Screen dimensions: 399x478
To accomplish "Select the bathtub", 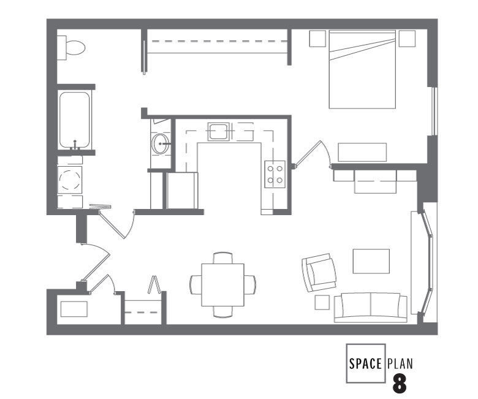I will [75, 120].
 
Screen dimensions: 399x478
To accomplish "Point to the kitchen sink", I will [218, 131].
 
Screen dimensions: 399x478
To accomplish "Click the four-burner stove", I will [275, 173].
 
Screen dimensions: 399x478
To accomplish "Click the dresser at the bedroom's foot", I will [362, 152].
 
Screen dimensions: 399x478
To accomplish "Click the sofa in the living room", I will [371, 307].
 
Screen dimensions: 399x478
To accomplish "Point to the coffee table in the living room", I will [371, 261].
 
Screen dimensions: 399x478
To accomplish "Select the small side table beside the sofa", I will [322, 302].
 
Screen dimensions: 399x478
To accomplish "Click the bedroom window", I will [434, 111].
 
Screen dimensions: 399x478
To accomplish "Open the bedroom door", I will [314, 153].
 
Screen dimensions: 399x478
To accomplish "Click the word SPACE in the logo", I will [365, 363].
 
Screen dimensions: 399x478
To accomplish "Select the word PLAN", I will [400, 363].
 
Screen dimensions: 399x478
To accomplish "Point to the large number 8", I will [400, 384].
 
